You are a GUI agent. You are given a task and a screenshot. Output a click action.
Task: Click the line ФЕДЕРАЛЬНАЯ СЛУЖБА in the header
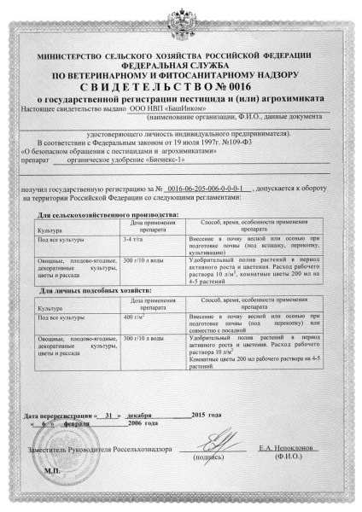179,63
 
